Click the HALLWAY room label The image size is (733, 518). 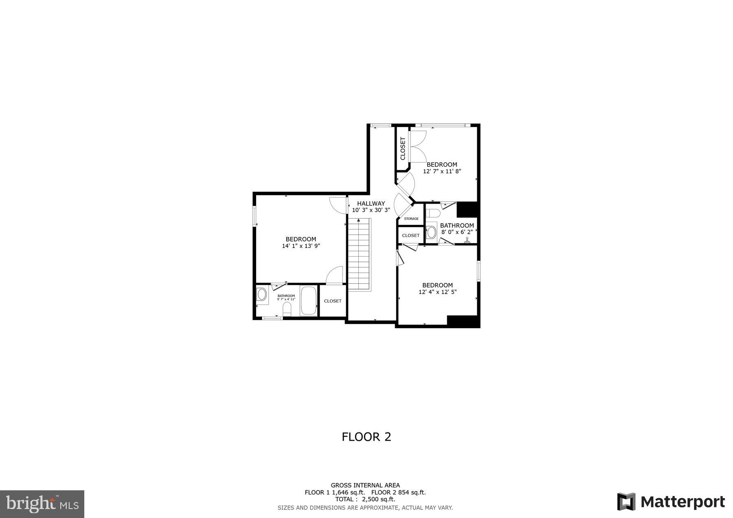coord(371,204)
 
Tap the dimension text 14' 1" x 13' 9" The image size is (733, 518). coord(301,246)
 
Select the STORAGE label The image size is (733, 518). coord(411,219)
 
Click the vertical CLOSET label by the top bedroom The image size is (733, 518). coord(403,148)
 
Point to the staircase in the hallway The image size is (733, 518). coord(360,255)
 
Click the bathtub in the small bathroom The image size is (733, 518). coord(309,301)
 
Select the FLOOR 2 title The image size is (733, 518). coord(366,437)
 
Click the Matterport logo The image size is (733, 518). coord(671,502)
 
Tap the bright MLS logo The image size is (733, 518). coord(42,504)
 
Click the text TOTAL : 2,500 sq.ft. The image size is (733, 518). coord(365,499)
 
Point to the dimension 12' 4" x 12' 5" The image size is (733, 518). coord(437,292)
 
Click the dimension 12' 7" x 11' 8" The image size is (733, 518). coord(442,171)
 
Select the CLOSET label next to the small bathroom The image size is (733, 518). coord(333,301)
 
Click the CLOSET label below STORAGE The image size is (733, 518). coord(410,235)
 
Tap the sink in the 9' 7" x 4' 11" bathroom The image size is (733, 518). coord(262,294)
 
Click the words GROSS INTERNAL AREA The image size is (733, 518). coord(365,485)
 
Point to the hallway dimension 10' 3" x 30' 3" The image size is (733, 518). coord(371,211)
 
